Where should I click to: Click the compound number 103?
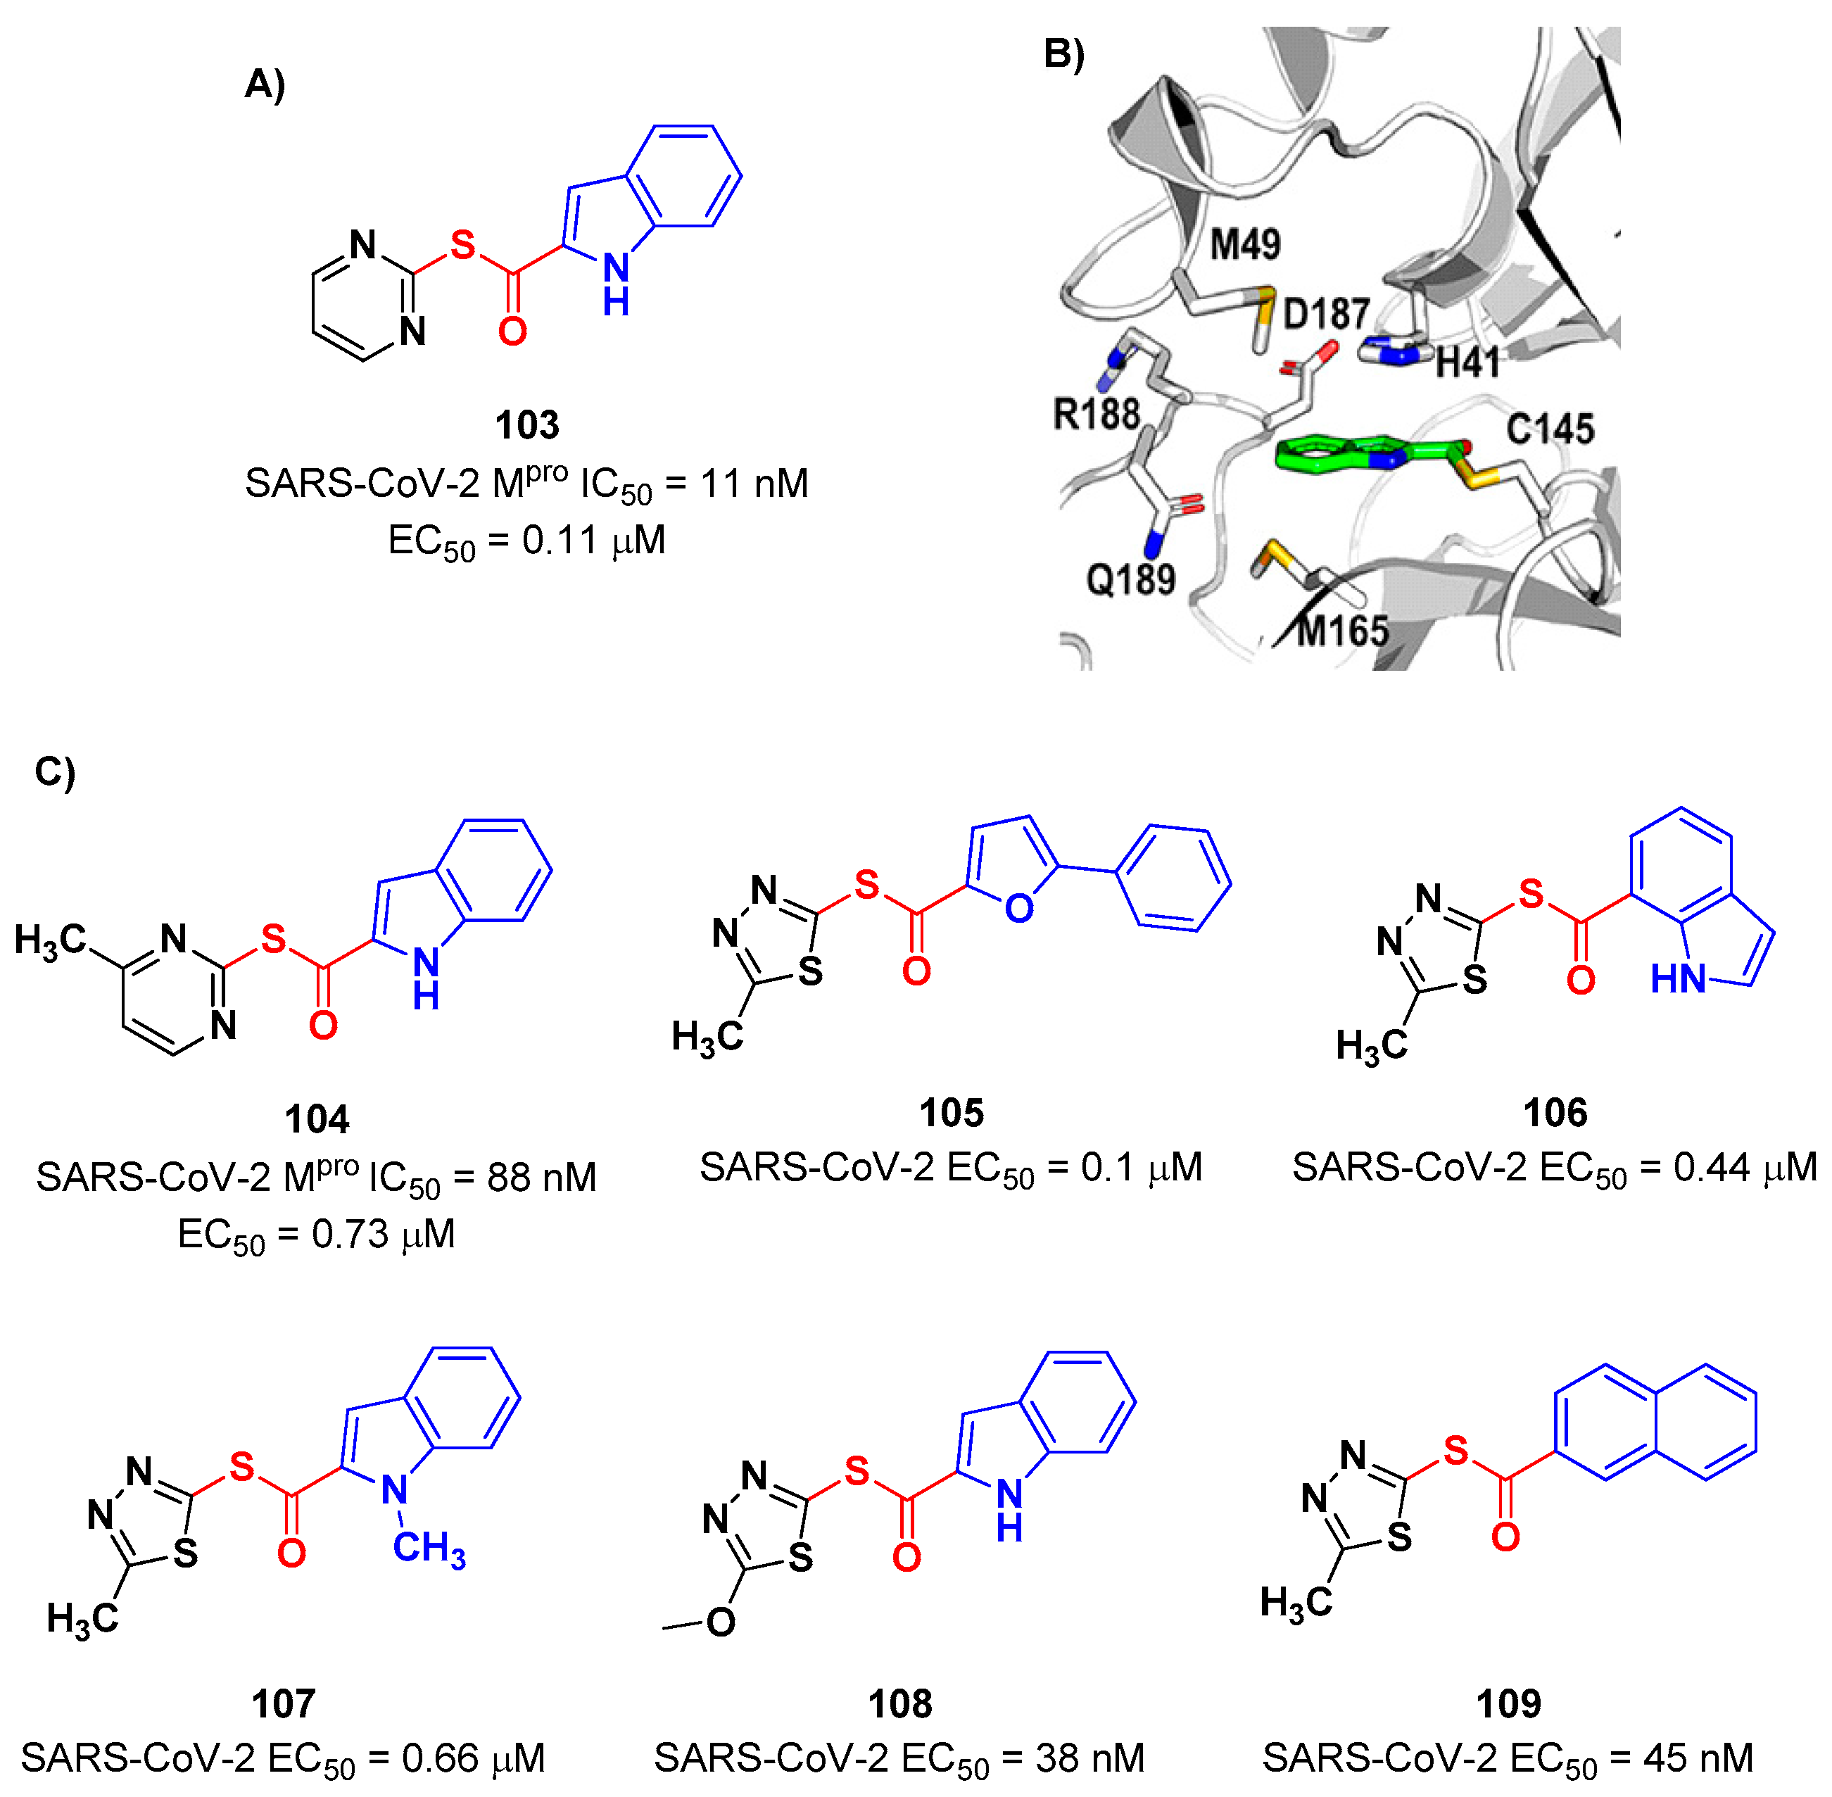pyautogui.click(x=526, y=424)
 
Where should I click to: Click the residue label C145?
pyautogui.click(x=1550, y=429)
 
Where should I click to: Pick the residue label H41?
pyautogui.click(x=1467, y=362)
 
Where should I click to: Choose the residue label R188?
pyautogui.click(x=1096, y=413)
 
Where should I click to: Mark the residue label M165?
pyautogui.click(x=1342, y=631)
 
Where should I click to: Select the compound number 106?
pyautogui.click(x=1555, y=1113)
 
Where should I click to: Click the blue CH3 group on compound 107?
pyautogui.click(x=429, y=1549)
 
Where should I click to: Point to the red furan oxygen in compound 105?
pyautogui.click(x=1018, y=909)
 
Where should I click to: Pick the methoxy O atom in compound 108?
pyautogui.click(x=720, y=1622)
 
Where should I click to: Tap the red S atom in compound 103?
pyautogui.click(x=462, y=246)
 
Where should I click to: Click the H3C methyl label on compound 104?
pyautogui.click(x=49, y=941)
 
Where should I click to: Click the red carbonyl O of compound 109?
pyautogui.click(x=1505, y=1537)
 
